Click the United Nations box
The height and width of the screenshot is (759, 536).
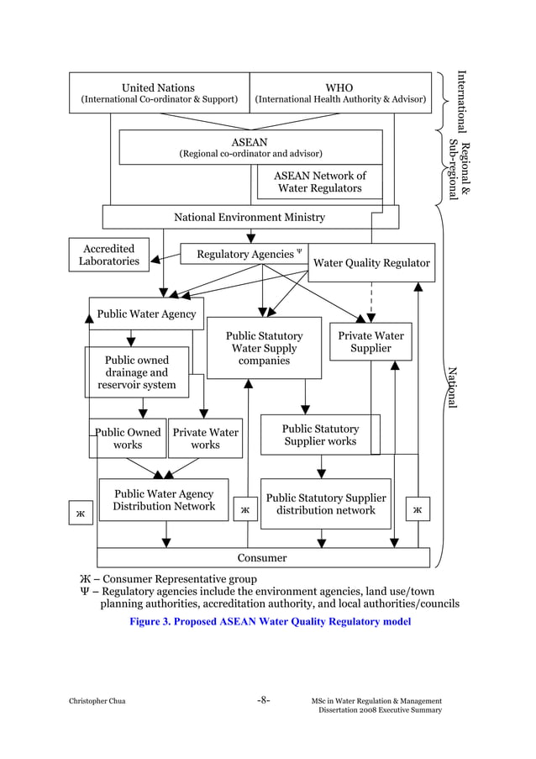[159, 92]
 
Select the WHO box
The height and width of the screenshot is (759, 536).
[339, 92]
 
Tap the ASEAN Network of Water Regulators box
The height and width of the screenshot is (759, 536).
[319, 182]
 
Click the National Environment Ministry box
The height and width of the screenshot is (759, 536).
[250, 217]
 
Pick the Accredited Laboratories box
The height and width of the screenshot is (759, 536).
[109, 255]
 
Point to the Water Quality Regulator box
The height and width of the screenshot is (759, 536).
[371, 263]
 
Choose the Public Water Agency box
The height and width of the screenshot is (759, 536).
[146, 314]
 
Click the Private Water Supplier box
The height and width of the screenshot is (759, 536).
[370, 341]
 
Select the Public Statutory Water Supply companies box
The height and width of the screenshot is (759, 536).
[264, 348]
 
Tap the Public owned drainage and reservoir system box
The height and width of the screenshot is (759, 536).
[137, 372]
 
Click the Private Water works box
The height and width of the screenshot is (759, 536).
[205, 438]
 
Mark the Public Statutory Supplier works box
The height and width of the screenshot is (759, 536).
[320, 435]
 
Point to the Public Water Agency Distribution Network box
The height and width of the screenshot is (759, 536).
[164, 500]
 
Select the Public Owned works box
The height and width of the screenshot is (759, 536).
[128, 438]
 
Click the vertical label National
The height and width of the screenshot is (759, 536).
[452, 387]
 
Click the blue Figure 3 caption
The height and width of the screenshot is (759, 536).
[269, 622]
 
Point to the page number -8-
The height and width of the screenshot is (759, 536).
[263, 700]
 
